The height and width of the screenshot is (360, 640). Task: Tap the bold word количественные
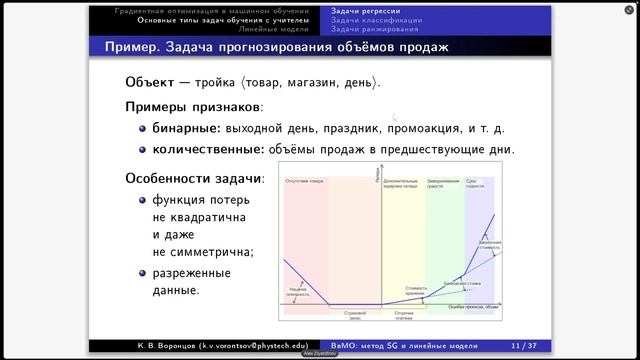point(208,149)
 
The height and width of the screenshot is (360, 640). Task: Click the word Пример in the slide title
point(134,47)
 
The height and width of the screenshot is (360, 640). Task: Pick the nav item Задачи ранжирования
point(375,29)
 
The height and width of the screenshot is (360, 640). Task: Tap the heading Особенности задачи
point(194,179)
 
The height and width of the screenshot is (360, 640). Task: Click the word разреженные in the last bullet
point(192,272)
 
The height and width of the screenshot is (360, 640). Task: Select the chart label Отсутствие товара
point(304,180)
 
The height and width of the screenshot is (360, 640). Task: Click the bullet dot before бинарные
point(142,129)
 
